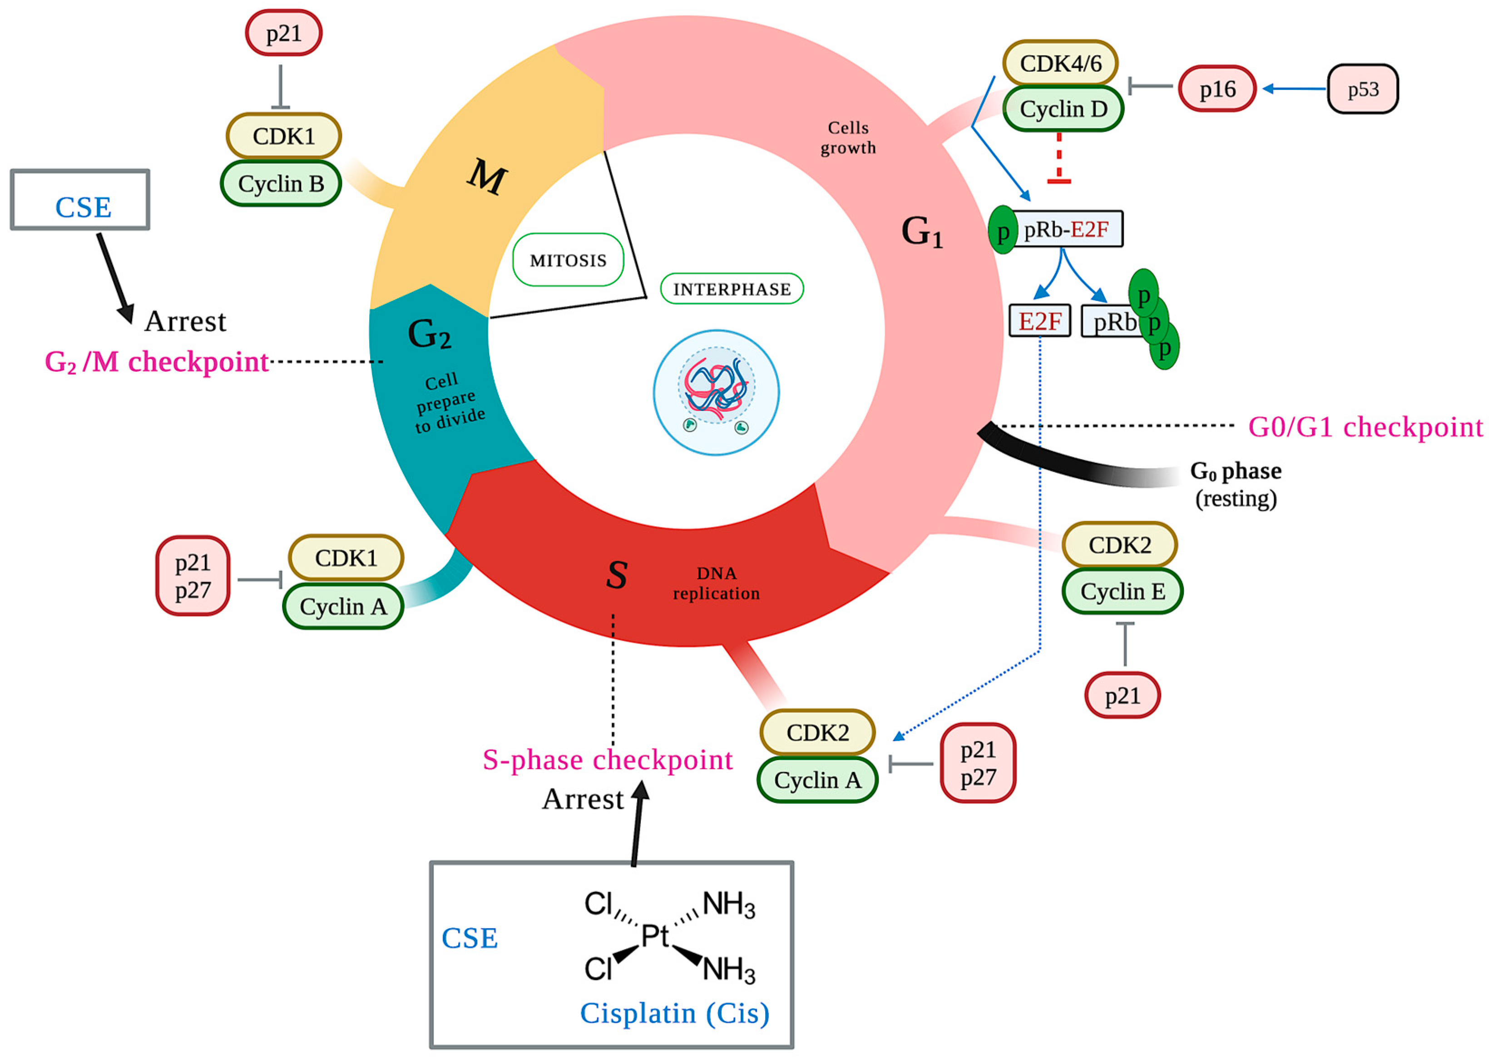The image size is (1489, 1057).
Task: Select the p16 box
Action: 1217,89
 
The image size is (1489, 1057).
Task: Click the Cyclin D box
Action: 1062,109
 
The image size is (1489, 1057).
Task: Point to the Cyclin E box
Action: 1122,591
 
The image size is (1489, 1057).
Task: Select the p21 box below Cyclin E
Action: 1122,696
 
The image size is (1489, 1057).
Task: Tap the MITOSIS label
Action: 568,260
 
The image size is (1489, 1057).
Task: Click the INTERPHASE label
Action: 732,289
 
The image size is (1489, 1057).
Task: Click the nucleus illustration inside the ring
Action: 716,392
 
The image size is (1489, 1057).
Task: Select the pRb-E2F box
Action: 1066,229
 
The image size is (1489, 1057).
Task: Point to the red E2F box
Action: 1039,321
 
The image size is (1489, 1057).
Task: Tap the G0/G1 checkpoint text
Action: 1365,427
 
